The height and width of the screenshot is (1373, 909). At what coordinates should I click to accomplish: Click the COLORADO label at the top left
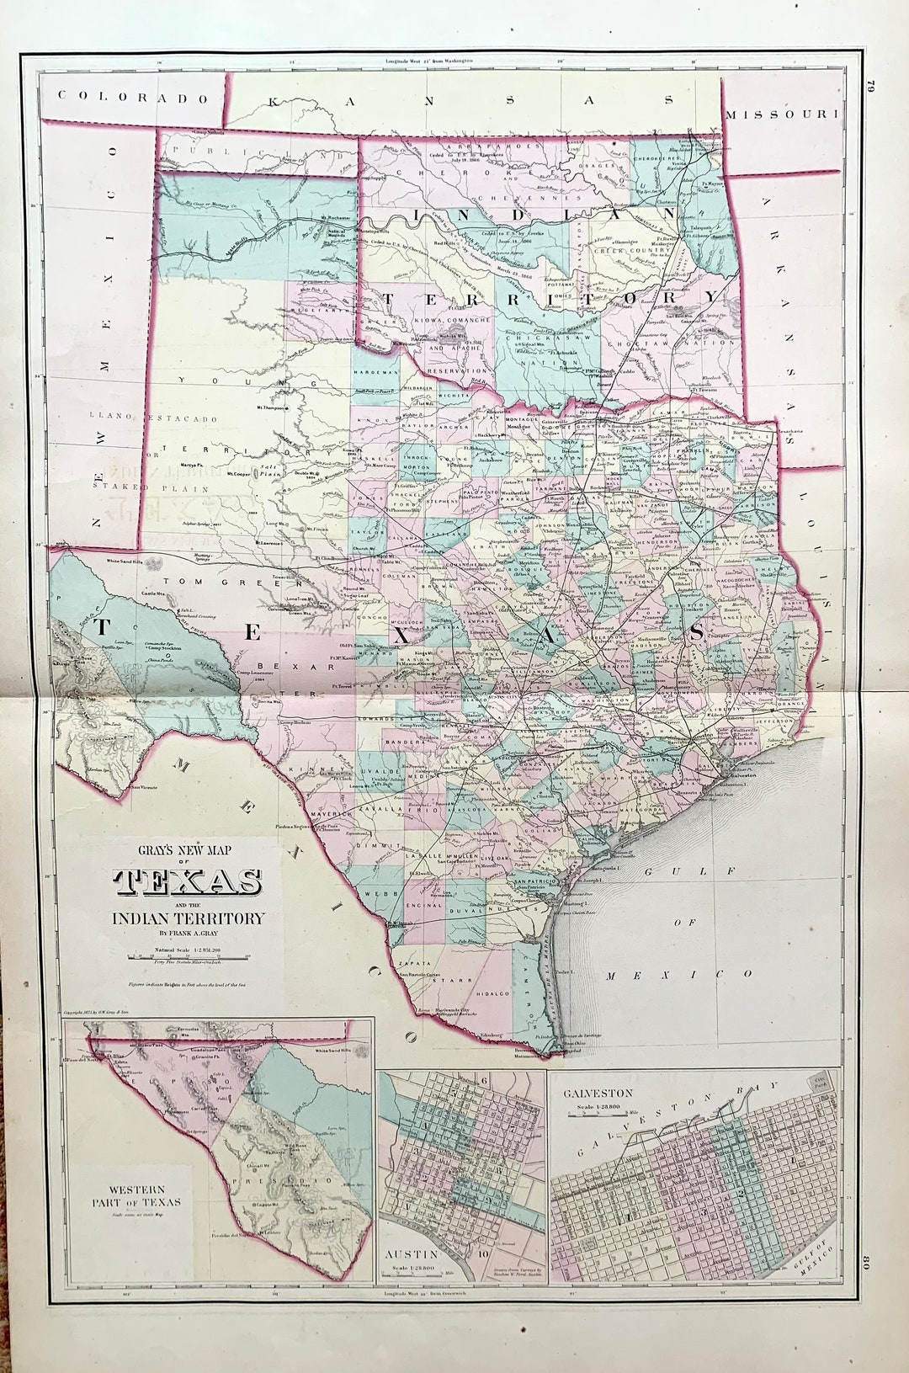coord(133,98)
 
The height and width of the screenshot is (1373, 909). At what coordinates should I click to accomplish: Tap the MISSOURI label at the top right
coord(783,114)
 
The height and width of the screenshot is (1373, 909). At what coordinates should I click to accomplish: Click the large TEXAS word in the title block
coord(187,881)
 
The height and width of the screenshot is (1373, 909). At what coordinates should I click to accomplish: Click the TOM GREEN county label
coord(201,582)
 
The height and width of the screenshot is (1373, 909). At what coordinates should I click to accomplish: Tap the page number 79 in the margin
coord(872,85)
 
